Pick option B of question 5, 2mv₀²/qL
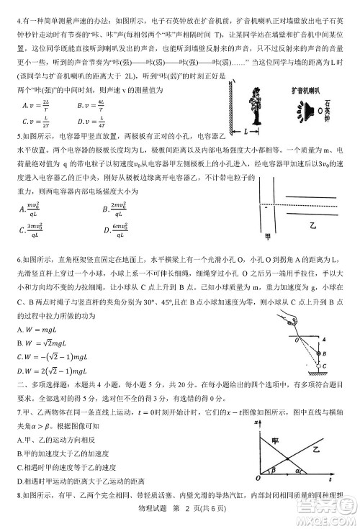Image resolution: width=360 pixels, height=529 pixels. coord(119,209)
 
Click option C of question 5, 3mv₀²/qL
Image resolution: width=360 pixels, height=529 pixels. coord(33,230)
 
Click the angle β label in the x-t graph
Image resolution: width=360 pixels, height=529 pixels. coord(272,471)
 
